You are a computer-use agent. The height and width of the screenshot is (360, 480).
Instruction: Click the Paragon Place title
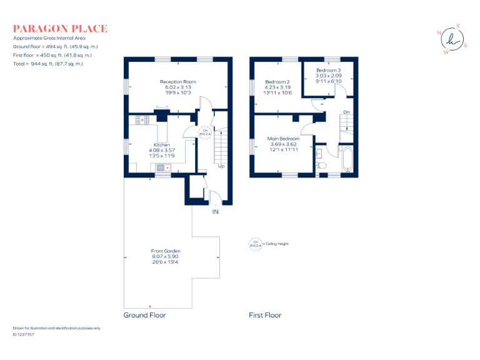(x=60, y=28)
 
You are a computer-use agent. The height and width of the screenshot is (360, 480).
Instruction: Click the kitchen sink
(x=162, y=167)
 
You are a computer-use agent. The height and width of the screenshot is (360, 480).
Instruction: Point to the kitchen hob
(x=140, y=119)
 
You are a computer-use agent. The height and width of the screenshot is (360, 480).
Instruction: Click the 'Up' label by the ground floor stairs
(x=221, y=166)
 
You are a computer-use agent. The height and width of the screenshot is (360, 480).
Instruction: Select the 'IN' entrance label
(x=216, y=212)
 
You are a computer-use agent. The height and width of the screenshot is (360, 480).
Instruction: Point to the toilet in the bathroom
(x=321, y=166)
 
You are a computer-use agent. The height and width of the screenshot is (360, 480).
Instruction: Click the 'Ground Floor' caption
(x=145, y=316)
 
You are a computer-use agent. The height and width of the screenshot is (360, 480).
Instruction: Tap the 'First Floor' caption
(x=265, y=316)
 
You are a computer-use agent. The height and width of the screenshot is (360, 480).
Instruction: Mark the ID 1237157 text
(x=24, y=334)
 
